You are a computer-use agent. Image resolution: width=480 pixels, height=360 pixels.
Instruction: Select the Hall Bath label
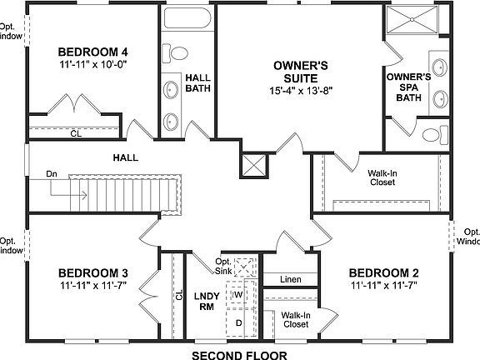coord(197,82)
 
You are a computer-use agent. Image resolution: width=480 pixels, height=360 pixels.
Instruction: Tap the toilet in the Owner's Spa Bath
coord(434,134)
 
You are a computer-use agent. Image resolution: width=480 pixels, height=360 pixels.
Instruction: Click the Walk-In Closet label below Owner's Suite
coord(381,178)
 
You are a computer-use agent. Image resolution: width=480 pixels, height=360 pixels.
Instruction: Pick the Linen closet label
coord(290,279)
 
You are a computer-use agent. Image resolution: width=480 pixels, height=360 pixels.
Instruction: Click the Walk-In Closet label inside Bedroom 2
coord(296,319)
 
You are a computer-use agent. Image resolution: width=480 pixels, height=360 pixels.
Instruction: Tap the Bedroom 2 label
coord(383,273)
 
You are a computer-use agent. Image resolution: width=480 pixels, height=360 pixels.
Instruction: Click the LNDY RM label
coord(206,302)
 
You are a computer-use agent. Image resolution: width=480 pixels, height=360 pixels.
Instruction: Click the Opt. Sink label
coord(229,266)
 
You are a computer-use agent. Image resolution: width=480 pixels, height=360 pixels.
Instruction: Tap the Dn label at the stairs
coord(52,174)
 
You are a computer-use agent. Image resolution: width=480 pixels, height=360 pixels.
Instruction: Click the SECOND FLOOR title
coord(239,354)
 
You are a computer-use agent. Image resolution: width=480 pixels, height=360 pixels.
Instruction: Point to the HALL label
coord(126,157)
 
